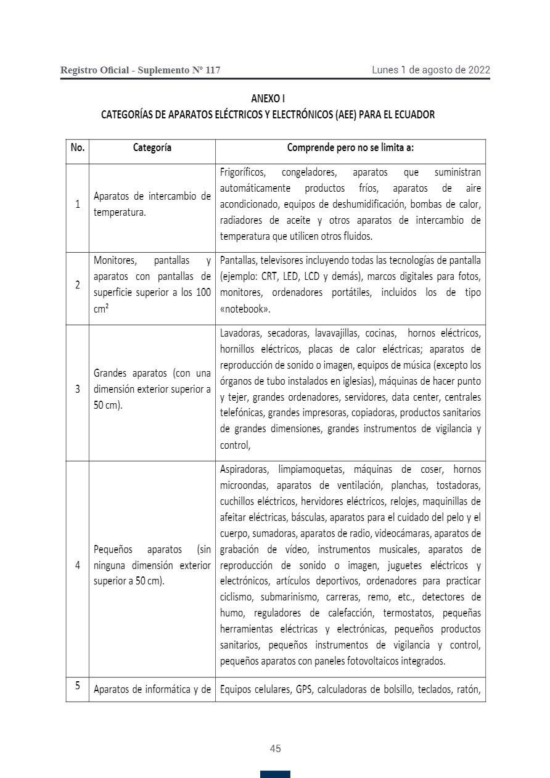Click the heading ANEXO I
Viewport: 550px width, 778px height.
click(x=268, y=99)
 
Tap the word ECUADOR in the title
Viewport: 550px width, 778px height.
click(x=412, y=115)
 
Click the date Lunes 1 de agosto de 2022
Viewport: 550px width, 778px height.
click(x=430, y=70)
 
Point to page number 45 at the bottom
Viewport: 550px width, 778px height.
click(x=275, y=748)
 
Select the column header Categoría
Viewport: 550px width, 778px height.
click(x=152, y=148)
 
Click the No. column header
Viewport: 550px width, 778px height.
click(x=78, y=148)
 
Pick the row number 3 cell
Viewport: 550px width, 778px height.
click(x=78, y=390)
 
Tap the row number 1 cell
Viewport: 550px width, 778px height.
click(x=78, y=204)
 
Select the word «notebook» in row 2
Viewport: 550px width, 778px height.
click(x=245, y=309)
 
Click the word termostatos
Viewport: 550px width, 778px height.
click(x=408, y=613)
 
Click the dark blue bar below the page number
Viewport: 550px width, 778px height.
click(x=275, y=774)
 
